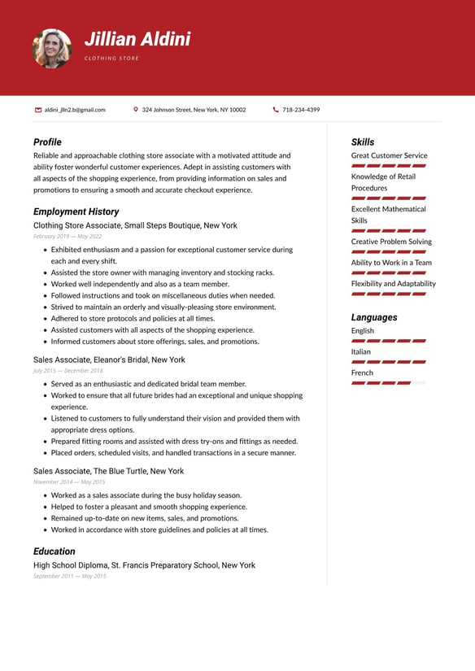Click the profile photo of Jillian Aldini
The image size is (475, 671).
pyautogui.click(x=51, y=48)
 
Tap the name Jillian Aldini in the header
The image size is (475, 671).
pyautogui.click(x=137, y=39)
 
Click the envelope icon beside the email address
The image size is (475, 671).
pyautogui.click(x=38, y=110)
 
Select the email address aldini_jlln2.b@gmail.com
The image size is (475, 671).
pyautogui.click(x=75, y=110)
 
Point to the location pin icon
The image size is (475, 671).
pyautogui.click(x=136, y=110)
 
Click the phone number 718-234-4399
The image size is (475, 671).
pyautogui.click(x=301, y=110)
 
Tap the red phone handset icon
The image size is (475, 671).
pyautogui.click(x=276, y=110)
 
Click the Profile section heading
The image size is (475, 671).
pyautogui.click(x=47, y=142)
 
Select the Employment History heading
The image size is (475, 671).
pyautogui.click(x=76, y=211)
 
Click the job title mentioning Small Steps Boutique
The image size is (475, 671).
pyautogui.click(x=135, y=225)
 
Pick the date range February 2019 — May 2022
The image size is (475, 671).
pyautogui.click(x=68, y=236)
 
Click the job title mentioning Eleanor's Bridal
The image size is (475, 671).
pyautogui.click(x=109, y=359)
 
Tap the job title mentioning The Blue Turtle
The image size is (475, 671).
pyautogui.click(x=108, y=471)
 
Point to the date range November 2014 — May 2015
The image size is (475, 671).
pyautogui.click(x=69, y=481)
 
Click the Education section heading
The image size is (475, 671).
pyautogui.click(x=54, y=551)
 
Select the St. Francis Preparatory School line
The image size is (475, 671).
pyautogui.click(x=144, y=565)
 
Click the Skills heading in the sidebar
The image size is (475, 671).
pyautogui.click(x=363, y=142)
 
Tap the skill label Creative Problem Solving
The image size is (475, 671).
pyautogui.click(x=391, y=242)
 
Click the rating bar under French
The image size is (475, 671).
pyautogui.click(x=388, y=382)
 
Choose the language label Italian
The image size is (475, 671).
pyautogui.click(x=360, y=352)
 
